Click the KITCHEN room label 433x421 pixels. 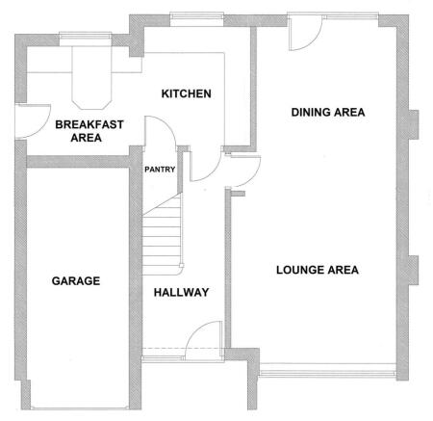(x=186, y=93)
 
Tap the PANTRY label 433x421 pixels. (x=160, y=170)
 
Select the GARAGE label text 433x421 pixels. (x=76, y=281)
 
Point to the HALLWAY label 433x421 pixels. (x=182, y=292)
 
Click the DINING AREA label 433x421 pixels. (x=328, y=113)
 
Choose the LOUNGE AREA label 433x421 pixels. (x=318, y=270)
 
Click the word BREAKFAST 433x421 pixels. (x=89, y=124)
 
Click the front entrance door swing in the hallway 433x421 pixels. (x=203, y=340)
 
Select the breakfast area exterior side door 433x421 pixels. (x=33, y=121)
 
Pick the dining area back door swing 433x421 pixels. (x=305, y=33)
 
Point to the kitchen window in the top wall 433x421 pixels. (x=196, y=19)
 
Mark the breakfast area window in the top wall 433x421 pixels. (x=86, y=39)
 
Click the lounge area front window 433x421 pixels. (x=327, y=370)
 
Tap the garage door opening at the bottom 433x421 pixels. (x=80, y=408)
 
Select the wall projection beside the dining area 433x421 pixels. (x=414, y=124)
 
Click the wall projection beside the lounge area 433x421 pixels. (x=414, y=270)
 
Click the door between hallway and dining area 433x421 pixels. (x=243, y=171)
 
